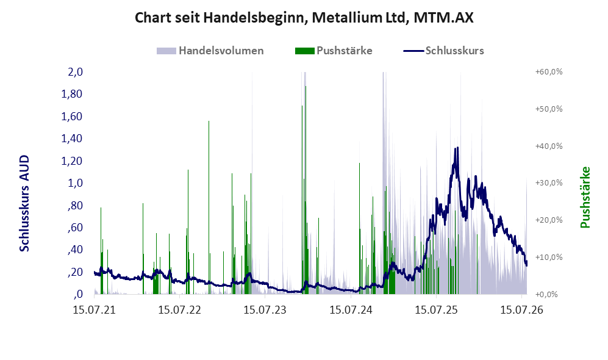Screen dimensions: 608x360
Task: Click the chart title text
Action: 304,18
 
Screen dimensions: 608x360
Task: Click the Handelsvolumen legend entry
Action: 210,51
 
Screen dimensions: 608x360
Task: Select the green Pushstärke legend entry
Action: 334,51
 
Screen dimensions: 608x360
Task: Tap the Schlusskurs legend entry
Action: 443,51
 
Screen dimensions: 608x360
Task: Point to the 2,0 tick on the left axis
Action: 75,72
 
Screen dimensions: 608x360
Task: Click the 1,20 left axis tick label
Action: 72,160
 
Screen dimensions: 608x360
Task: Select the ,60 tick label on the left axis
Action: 75,228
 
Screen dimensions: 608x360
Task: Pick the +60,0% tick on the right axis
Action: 549,72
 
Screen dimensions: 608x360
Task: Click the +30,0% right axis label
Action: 549,182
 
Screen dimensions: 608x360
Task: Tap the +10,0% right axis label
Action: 549,257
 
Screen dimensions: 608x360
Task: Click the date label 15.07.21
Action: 95,310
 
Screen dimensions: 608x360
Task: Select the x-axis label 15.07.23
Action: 265,310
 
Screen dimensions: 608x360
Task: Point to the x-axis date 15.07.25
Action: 436,310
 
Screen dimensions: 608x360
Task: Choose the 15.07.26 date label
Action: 521,310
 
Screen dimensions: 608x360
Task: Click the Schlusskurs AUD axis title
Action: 24,203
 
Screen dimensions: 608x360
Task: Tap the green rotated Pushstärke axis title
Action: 585,198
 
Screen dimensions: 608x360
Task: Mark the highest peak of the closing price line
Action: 457,148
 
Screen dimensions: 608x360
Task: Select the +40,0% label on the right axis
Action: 549,146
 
